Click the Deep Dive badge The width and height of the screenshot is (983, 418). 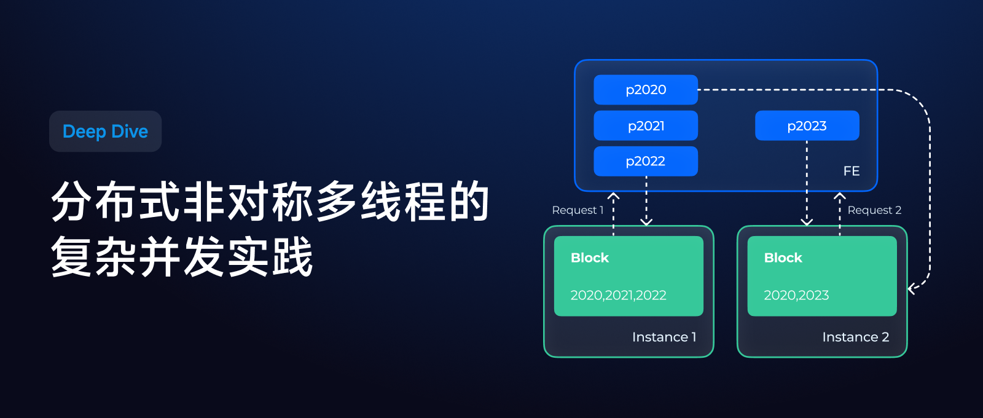[x=105, y=132]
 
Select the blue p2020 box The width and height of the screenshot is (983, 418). [x=645, y=90]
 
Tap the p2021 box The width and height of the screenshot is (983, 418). [x=645, y=125]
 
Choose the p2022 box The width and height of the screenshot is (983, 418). [x=645, y=161]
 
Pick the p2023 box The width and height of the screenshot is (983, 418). [x=807, y=125]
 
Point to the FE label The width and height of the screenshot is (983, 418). [x=851, y=171]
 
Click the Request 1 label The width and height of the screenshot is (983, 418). [x=578, y=210]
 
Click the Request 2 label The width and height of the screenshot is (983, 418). [x=874, y=210]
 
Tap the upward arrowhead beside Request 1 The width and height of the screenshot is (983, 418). [x=613, y=196]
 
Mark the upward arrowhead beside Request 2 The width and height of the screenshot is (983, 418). [x=840, y=196]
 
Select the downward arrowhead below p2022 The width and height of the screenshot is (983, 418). [x=646, y=221]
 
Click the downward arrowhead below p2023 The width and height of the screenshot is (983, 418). [x=807, y=221]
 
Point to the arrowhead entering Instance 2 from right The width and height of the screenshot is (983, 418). [x=912, y=288]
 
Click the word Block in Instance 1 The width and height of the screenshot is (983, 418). [x=590, y=258]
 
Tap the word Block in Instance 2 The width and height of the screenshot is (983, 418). [x=783, y=258]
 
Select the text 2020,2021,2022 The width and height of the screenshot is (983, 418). [x=618, y=295]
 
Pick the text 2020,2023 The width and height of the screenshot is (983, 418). [x=796, y=295]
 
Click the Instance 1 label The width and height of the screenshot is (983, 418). [x=664, y=337]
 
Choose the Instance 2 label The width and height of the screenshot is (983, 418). [x=855, y=337]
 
